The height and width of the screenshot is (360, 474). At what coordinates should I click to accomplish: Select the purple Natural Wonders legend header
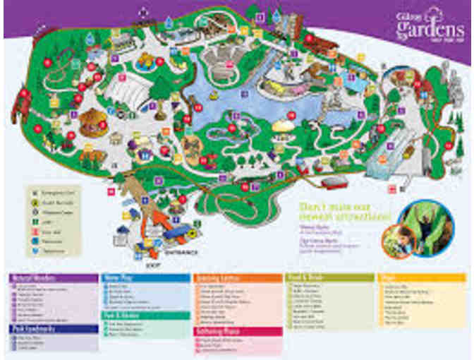coord(54,278)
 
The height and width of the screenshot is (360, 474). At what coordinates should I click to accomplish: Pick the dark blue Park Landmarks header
coord(54,328)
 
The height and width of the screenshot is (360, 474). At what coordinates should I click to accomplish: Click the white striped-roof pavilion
coord(127,88)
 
